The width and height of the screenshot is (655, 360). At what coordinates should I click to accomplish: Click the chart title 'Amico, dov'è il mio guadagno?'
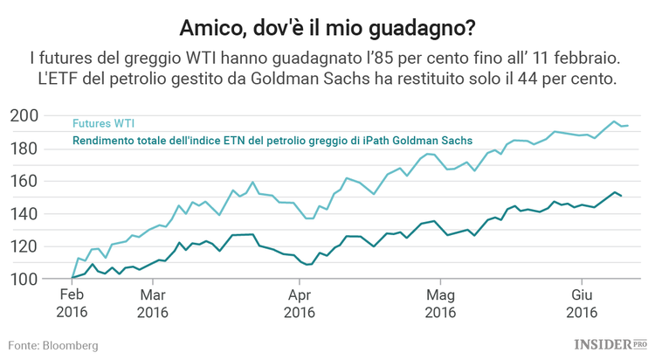327,26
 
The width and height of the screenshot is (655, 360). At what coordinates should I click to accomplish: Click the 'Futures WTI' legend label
103,124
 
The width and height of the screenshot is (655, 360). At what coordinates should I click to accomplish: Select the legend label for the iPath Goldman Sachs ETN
272,140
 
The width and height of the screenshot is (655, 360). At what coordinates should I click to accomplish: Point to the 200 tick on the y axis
24,115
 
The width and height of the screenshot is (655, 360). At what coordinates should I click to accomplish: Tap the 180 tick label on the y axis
24,149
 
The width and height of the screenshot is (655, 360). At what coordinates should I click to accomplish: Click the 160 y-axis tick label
24,181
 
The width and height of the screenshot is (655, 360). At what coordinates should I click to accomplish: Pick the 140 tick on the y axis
24,214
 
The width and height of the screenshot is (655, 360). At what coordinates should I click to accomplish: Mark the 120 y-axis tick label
24,246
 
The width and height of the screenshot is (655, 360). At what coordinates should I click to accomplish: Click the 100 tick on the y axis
24,279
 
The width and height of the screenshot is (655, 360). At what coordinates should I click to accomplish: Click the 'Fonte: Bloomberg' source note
53,345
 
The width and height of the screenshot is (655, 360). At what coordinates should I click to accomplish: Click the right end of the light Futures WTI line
628,126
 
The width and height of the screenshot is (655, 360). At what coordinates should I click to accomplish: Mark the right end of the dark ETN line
621,196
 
